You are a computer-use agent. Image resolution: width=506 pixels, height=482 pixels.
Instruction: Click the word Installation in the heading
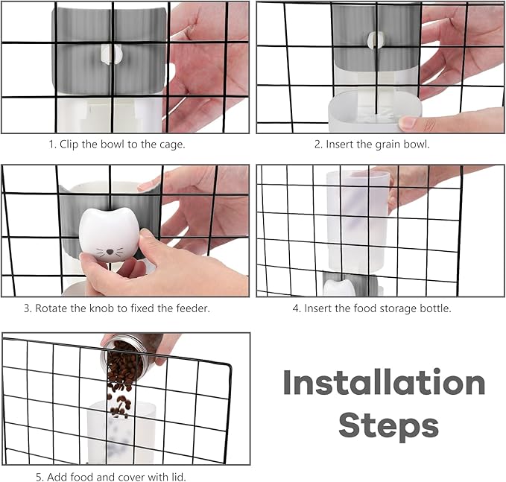pos(384,382)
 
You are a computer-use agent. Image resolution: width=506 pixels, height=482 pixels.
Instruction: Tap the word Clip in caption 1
pos(69,145)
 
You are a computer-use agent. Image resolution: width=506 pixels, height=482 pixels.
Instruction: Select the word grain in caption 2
pos(387,145)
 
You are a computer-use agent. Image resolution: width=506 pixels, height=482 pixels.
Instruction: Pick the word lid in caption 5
pos(180,477)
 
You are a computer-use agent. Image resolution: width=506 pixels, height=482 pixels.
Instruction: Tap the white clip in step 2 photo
pos(376,39)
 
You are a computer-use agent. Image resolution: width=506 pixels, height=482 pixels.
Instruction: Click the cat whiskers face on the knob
pos(110,252)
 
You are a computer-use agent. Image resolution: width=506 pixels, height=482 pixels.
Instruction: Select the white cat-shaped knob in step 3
pos(109,235)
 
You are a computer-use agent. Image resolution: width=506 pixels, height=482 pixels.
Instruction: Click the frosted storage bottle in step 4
pos(358,221)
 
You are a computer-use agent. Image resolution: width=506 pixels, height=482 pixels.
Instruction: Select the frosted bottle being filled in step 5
pos(121,432)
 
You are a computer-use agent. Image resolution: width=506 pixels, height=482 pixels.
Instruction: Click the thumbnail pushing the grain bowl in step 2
pos(408,123)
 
